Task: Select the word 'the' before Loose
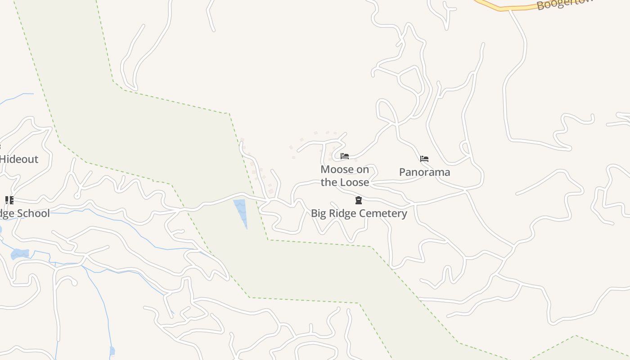click(329, 182)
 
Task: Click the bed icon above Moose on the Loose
click(345, 157)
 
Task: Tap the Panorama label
click(424, 172)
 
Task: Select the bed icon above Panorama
click(424, 159)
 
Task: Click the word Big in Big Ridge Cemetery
click(318, 213)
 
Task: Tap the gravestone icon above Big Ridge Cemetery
click(359, 200)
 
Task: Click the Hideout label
click(19, 159)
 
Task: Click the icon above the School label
click(9, 200)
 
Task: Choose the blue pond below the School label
click(20, 254)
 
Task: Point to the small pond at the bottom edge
click(112, 351)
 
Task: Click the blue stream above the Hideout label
click(18, 96)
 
